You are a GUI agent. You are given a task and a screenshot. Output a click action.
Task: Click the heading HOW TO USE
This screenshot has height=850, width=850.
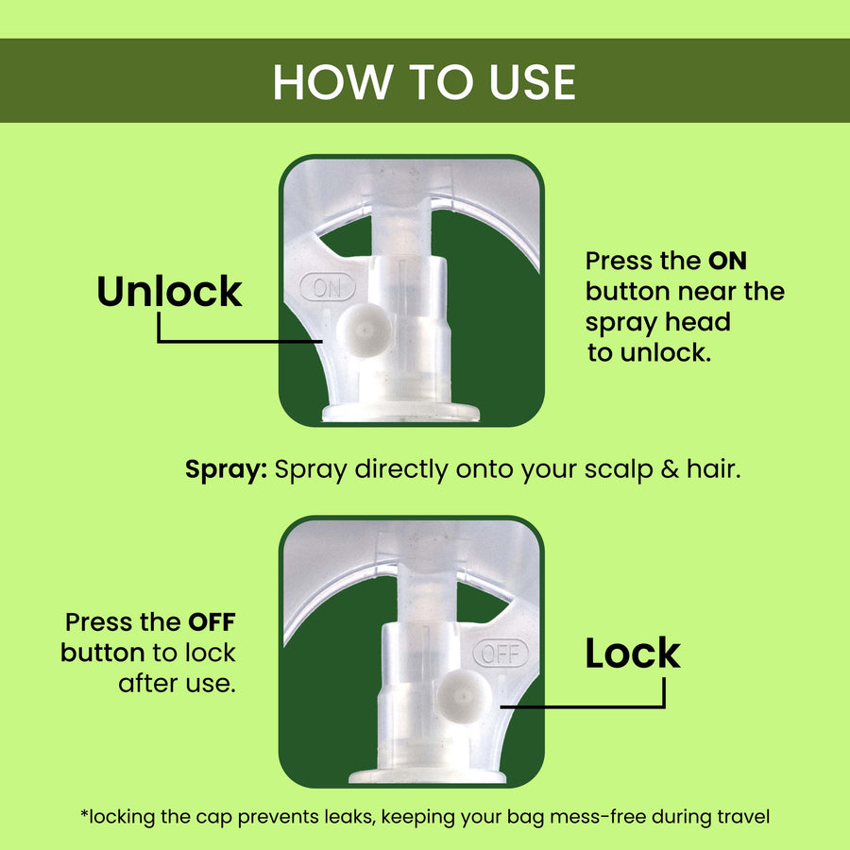424,82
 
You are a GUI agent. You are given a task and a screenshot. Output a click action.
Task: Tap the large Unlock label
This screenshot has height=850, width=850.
169,291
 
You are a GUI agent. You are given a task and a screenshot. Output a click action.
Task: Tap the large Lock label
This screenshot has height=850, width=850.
633,653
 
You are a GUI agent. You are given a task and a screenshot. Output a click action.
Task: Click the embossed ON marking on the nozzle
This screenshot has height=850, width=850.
328,287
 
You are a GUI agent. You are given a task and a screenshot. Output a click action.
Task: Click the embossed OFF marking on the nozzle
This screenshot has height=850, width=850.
501,654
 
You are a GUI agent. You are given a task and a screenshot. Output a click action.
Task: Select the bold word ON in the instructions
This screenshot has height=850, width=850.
727,261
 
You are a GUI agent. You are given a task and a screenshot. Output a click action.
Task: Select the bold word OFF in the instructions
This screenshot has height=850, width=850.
212,622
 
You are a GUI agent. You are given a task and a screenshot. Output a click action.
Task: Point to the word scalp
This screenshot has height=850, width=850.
619,469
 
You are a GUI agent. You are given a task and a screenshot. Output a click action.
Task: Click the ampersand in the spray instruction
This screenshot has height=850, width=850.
670,469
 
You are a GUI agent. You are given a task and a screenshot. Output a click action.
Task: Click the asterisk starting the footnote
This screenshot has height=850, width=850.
84,813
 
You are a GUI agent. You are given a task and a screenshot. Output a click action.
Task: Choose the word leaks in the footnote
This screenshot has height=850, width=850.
349,816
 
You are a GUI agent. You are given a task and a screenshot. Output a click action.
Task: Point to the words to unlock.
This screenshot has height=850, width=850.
649,353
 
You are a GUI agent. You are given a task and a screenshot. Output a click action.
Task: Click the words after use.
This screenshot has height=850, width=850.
178,684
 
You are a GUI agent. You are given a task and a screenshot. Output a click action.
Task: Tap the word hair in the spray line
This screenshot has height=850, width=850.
713,469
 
